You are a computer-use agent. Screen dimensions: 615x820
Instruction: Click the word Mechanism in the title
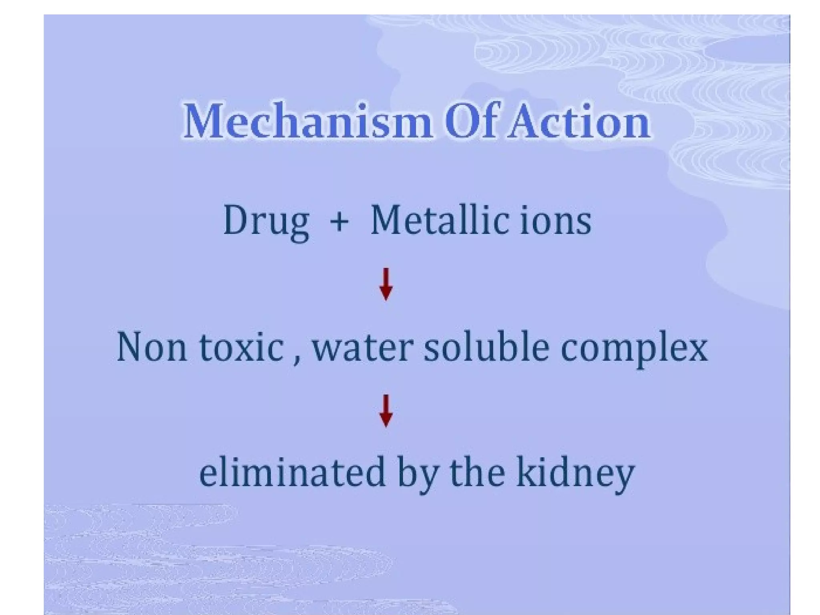point(307,121)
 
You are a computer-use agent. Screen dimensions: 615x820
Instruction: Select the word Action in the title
point(578,121)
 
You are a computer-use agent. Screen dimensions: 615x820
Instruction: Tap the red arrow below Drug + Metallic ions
point(386,284)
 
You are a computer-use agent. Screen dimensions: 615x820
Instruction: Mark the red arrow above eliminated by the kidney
point(386,411)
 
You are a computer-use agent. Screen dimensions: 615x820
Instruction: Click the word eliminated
point(292,472)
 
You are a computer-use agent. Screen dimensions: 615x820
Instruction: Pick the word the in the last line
point(477,472)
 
